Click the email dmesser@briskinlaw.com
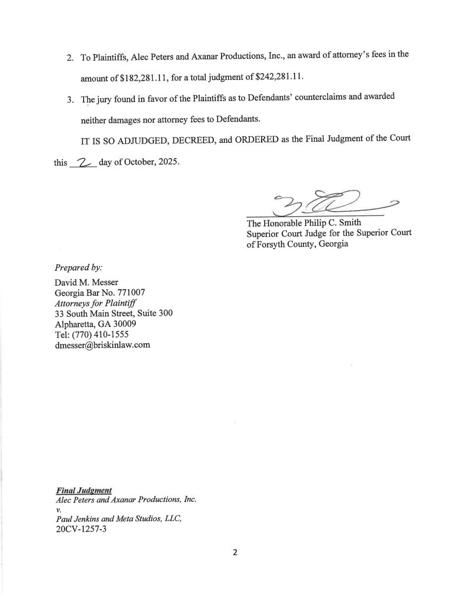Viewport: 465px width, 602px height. pos(101,345)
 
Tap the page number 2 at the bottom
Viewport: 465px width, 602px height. pos(234,553)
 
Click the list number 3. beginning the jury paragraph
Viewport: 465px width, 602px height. pos(69,98)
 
